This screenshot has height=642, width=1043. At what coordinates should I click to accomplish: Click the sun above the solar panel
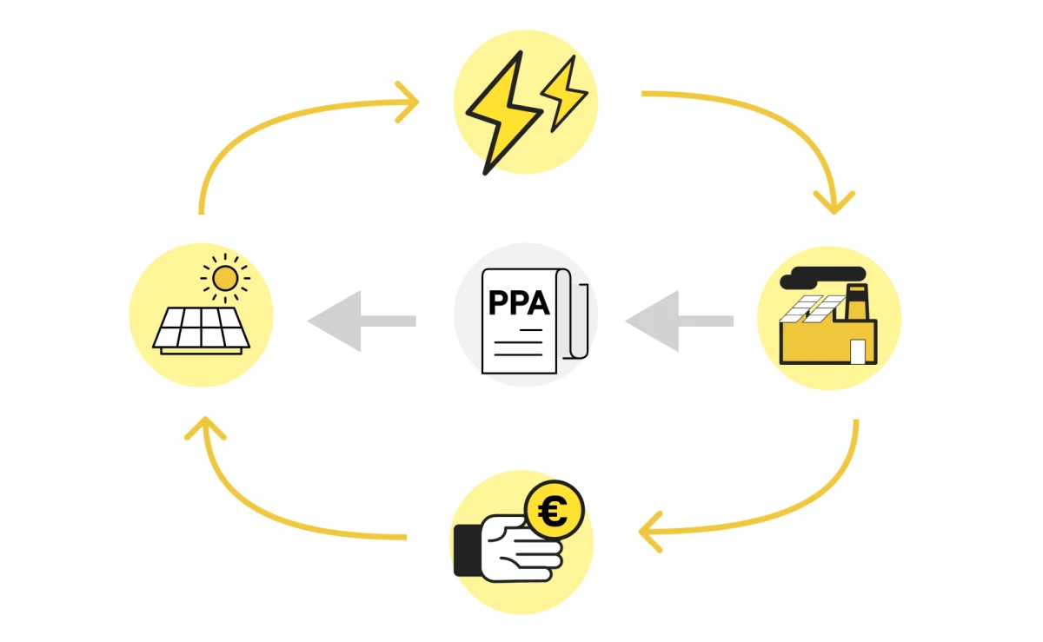click(225, 278)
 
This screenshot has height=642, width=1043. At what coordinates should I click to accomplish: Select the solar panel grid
click(202, 328)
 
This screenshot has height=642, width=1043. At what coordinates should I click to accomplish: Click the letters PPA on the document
click(519, 303)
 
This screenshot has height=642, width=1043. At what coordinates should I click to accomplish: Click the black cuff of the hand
click(468, 550)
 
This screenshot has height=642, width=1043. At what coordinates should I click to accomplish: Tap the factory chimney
click(857, 303)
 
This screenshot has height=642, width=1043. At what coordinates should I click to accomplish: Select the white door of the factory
click(858, 351)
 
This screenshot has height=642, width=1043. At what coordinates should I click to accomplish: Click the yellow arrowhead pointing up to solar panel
click(205, 427)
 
